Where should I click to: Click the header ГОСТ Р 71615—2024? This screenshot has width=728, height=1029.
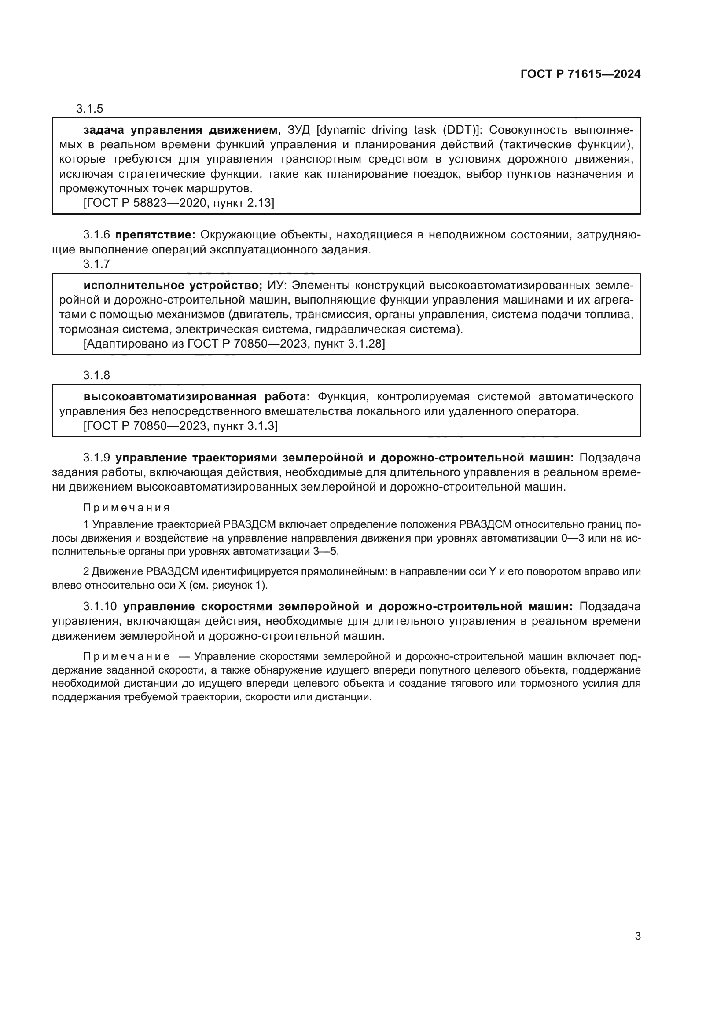click(580, 74)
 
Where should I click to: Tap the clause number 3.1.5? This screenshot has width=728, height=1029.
click(90, 109)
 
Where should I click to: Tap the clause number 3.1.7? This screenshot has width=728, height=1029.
click(96, 264)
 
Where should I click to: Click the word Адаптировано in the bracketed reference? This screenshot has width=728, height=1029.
click(117, 344)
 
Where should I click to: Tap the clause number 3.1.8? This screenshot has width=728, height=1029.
click(96, 375)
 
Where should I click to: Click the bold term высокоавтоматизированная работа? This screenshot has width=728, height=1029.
click(197, 397)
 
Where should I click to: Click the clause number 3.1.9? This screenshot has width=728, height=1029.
click(96, 458)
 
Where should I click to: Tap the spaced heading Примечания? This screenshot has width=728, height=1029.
click(126, 508)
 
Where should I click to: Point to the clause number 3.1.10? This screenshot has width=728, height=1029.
click(100, 606)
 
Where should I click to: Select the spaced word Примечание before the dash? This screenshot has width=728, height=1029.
click(126, 656)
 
